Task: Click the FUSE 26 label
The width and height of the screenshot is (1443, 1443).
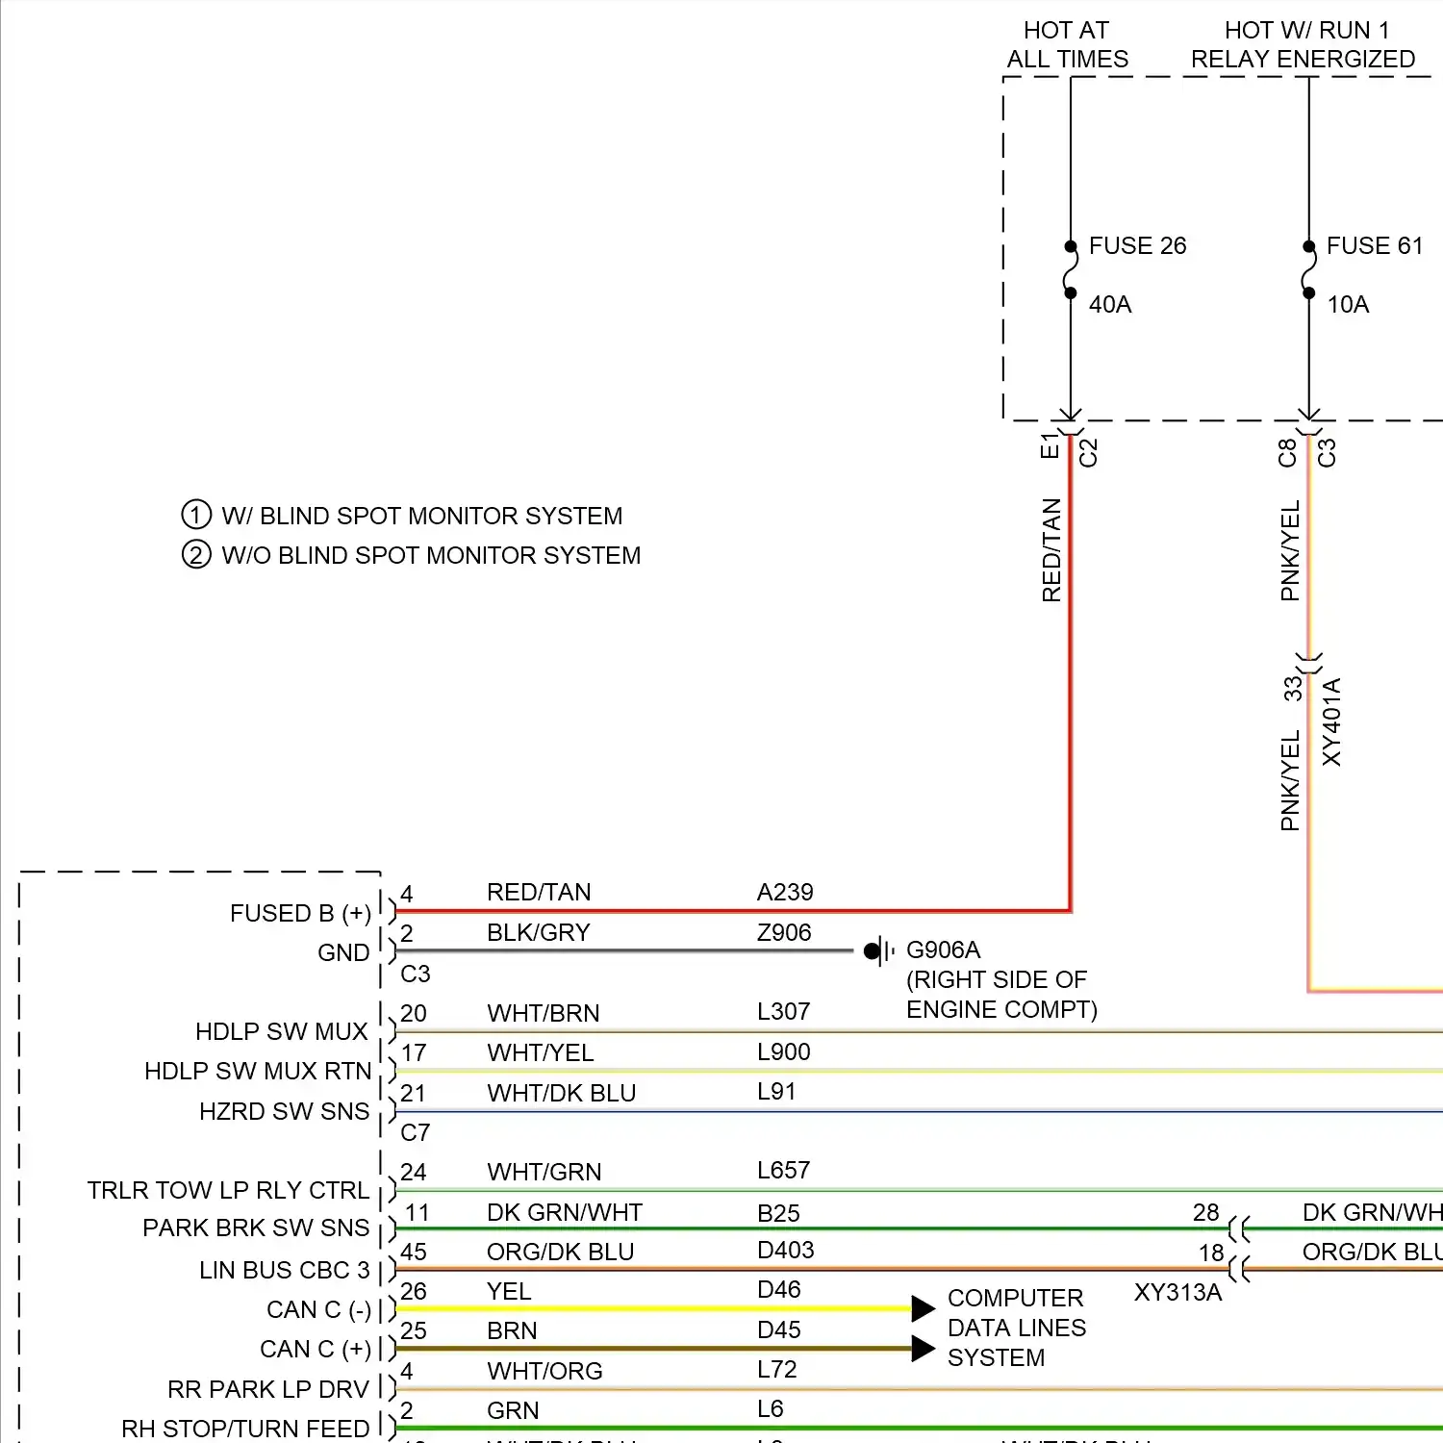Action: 1137,246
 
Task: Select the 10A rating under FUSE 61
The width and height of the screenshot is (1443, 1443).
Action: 1348,305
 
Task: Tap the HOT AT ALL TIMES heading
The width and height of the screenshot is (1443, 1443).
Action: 1067,45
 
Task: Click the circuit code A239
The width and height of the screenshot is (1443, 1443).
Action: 785,893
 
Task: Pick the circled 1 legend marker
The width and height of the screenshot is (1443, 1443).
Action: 196,515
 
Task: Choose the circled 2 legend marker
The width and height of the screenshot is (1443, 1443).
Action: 196,555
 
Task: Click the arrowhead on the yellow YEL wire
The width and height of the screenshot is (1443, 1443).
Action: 923,1308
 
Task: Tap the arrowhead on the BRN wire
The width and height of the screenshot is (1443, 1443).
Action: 923,1349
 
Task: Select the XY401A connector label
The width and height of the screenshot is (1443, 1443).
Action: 1331,722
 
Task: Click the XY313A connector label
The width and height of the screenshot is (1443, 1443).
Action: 1177,1292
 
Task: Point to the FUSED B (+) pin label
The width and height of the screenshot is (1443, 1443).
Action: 300,913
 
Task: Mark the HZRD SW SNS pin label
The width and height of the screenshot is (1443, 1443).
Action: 284,1111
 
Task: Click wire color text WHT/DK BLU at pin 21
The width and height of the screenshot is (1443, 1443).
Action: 561,1094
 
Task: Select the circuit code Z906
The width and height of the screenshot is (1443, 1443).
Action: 784,932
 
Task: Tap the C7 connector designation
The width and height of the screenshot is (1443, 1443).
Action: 416,1132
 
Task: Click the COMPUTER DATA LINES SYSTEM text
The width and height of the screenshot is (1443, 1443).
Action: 1016,1328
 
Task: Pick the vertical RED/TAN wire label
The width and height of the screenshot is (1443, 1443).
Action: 1051,550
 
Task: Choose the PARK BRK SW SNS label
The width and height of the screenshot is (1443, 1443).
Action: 256,1228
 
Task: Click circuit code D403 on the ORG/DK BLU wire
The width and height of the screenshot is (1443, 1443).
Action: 785,1250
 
